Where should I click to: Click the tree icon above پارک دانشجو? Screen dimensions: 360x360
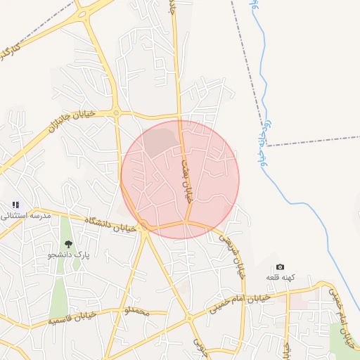point(68,243)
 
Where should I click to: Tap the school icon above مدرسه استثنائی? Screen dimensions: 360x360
point(15,205)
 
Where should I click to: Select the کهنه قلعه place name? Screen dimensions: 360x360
point(280,278)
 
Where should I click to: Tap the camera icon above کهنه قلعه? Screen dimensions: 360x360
point(280,267)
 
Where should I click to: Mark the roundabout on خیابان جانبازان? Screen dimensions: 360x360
point(117,113)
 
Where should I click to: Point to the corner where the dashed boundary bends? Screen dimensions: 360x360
point(266,146)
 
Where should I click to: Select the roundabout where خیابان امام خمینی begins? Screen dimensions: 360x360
point(188,319)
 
